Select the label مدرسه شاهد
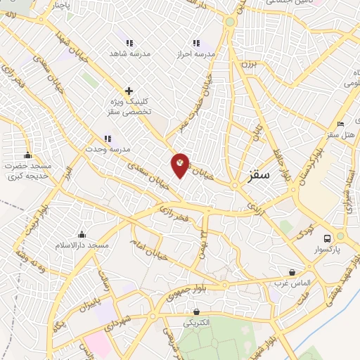[x=126, y=53]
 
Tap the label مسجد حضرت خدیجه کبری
[x=28, y=170]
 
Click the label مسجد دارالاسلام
[x=82, y=245]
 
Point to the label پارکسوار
[x=328, y=249]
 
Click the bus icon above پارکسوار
[x=328, y=237]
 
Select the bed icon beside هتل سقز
[x=342, y=124]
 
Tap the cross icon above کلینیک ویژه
[x=129, y=91]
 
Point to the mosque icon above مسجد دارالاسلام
[x=82, y=234]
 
